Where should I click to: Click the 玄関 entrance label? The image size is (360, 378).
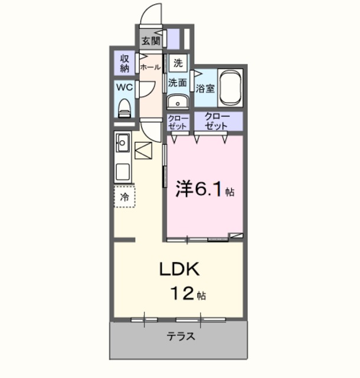(x=151, y=41)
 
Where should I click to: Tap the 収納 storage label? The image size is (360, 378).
(x=125, y=63)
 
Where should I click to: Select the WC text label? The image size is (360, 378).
(x=124, y=87)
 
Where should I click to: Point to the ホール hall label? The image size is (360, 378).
(x=150, y=67)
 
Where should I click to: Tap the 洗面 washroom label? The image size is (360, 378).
(x=178, y=83)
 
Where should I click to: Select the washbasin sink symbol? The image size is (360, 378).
(x=176, y=102)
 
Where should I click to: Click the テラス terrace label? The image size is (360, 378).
(x=180, y=337)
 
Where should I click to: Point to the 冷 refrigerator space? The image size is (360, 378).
(x=125, y=197)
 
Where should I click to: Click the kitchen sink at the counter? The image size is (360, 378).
(x=123, y=143)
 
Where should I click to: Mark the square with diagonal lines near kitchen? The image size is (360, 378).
(x=143, y=151)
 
